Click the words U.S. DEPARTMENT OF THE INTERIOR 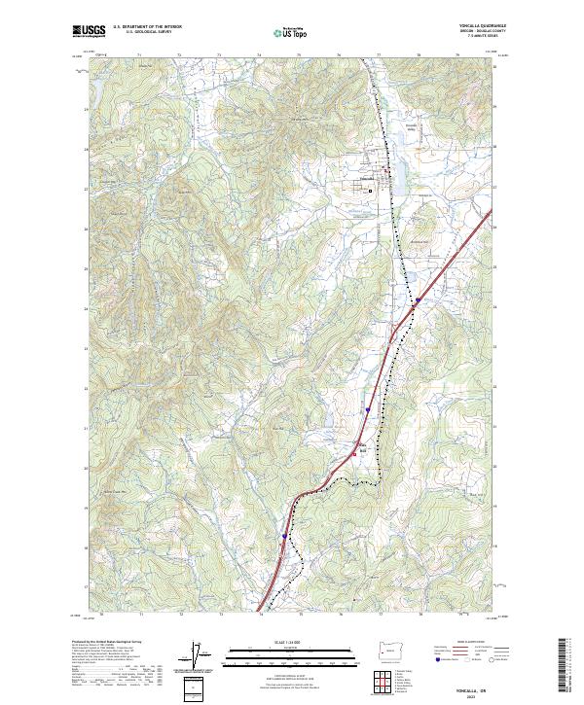[x=147, y=26]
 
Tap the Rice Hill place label [x=357, y=449]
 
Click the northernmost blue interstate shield [x=416, y=301]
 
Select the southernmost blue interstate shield [x=284, y=536]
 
